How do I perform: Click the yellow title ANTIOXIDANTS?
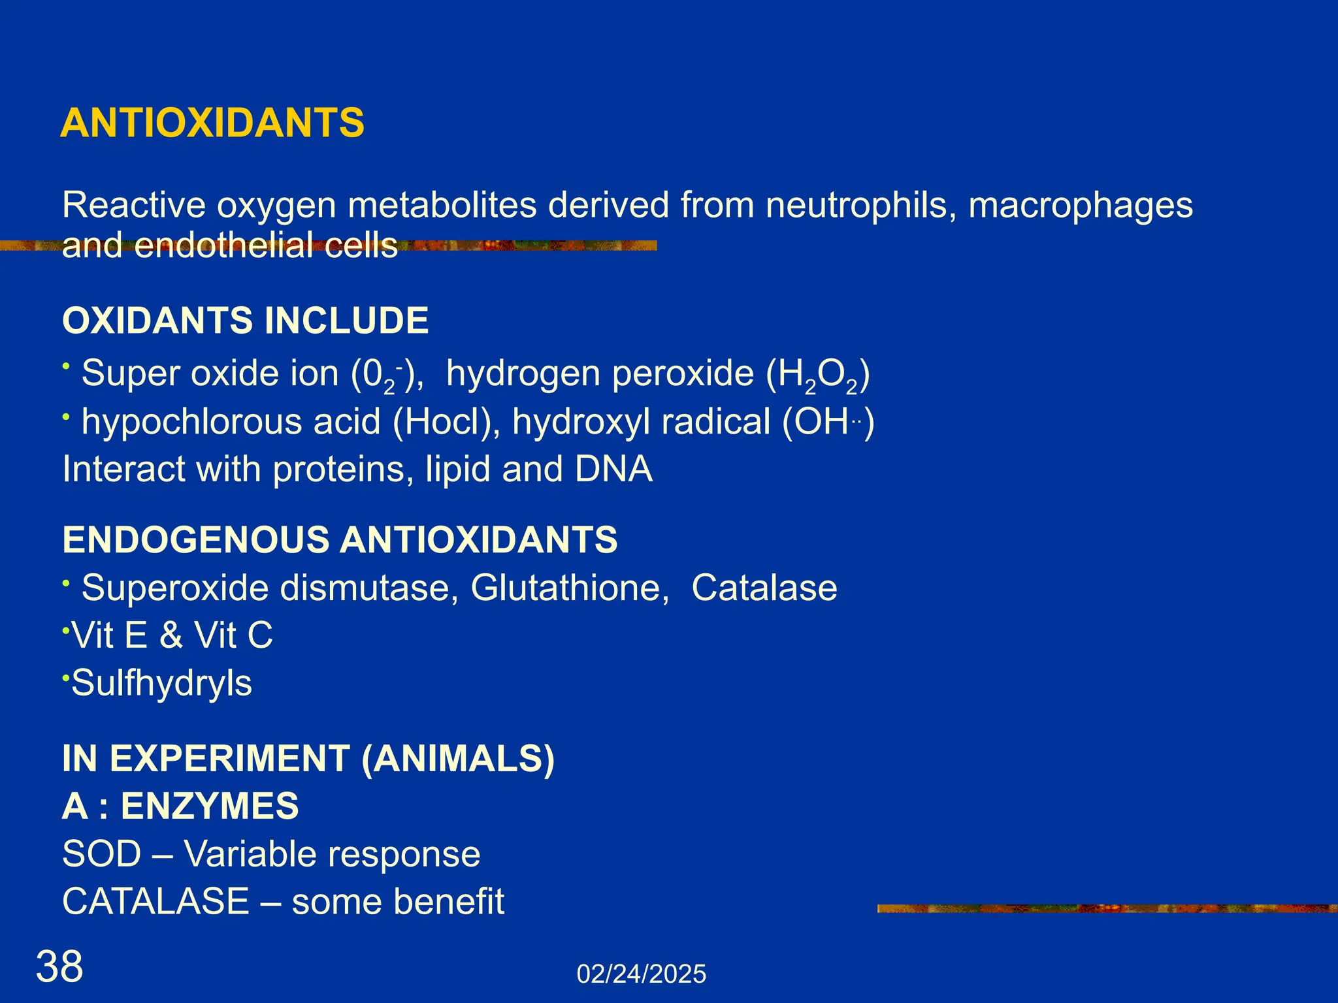pyautogui.click(x=212, y=123)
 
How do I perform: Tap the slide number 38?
pyautogui.click(x=59, y=966)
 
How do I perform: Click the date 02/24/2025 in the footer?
pyautogui.click(x=641, y=974)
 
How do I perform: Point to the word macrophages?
pyautogui.click(x=1081, y=206)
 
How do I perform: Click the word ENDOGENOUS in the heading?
pyautogui.click(x=196, y=540)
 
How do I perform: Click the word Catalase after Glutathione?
pyautogui.click(x=764, y=588)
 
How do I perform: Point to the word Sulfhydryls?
pyautogui.click(x=161, y=684)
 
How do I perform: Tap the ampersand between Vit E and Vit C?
pyautogui.click(x=171, y=635)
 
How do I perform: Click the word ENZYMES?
pyautogui.click(x=209, y=806)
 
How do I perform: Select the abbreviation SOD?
pyautogui.click(x=101, y=854)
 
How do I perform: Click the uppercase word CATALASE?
pyautogui.click(x=155, y=902)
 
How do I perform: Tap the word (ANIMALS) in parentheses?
pyautogui.click(x=457, y=759)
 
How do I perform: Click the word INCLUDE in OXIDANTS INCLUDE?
pyautogui.click(x=346, y=321)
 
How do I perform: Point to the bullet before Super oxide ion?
pyautogui.click(x=66, y=368)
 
